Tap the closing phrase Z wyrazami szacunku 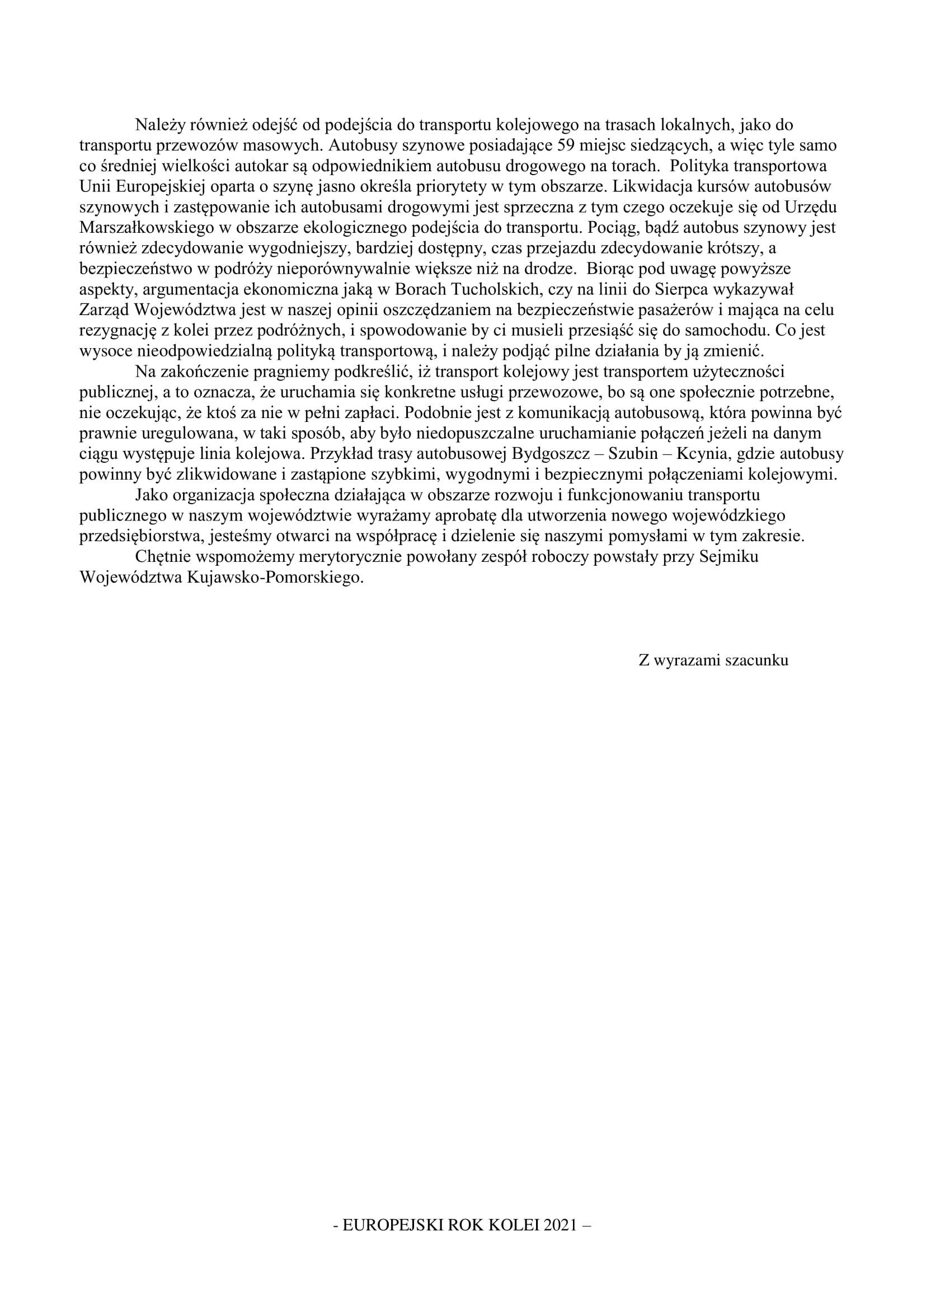[x=713, y=660]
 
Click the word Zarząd [x=105, y=310]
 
